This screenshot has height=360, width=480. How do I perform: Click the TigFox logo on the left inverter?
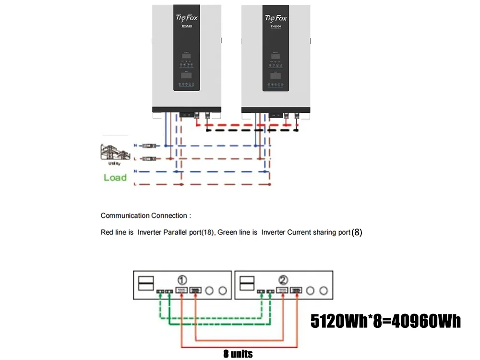pos(187,18)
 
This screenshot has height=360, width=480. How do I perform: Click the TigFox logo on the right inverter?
pos(276,18)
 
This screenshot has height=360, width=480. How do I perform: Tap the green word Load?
pos(115,178)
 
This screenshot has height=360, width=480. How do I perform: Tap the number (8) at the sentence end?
pos(357,232)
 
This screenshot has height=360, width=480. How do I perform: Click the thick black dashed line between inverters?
pos(252,130)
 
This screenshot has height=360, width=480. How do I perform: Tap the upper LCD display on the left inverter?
pos(186,57)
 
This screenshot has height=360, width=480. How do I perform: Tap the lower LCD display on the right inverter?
pos(276,76)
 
